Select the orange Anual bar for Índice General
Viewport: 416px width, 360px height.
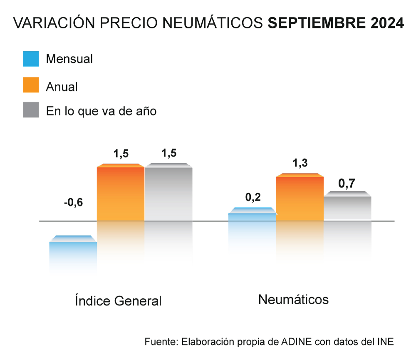[121, 193]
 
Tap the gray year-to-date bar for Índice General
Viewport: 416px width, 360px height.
[168, 193]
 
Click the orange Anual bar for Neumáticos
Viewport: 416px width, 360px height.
[300, 198]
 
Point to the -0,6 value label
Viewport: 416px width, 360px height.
[73, 203]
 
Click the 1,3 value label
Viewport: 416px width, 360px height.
[300, 164]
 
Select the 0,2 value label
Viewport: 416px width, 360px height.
[253, 198]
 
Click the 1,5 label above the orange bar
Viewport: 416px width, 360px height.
[121, 154]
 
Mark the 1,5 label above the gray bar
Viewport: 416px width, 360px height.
[168, 153]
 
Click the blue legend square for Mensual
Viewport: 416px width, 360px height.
[31, 59]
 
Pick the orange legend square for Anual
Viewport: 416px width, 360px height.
[31, 85]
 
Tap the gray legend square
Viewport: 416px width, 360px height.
[31, 110]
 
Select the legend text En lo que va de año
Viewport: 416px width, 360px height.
[101, 111]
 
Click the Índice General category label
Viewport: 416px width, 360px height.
[118, 300]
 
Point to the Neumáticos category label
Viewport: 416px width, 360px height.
[293, 299]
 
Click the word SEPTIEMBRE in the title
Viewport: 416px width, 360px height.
[315, 23]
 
